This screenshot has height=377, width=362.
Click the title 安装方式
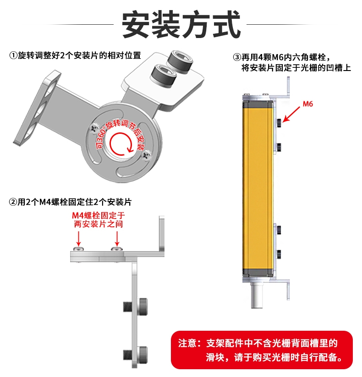[x=181, y=24]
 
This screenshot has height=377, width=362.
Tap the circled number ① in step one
[x=13, y=56]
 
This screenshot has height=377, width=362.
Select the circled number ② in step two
[x=13, y=202]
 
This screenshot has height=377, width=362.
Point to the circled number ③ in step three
[x=237, y=57]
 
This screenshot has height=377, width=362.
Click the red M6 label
[x=307, y=104]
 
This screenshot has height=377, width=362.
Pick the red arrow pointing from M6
[x=291, y=115]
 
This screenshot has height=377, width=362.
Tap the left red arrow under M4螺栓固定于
[x=78, y=239]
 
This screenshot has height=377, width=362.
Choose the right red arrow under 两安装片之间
[x=117, y=239]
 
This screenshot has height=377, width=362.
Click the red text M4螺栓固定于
[x=99, y=215]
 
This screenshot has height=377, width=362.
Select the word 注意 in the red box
[x=187, y=344]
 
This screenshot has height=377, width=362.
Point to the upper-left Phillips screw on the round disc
[x=94, y=128]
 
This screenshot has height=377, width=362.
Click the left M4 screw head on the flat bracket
[x=78, y=249]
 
